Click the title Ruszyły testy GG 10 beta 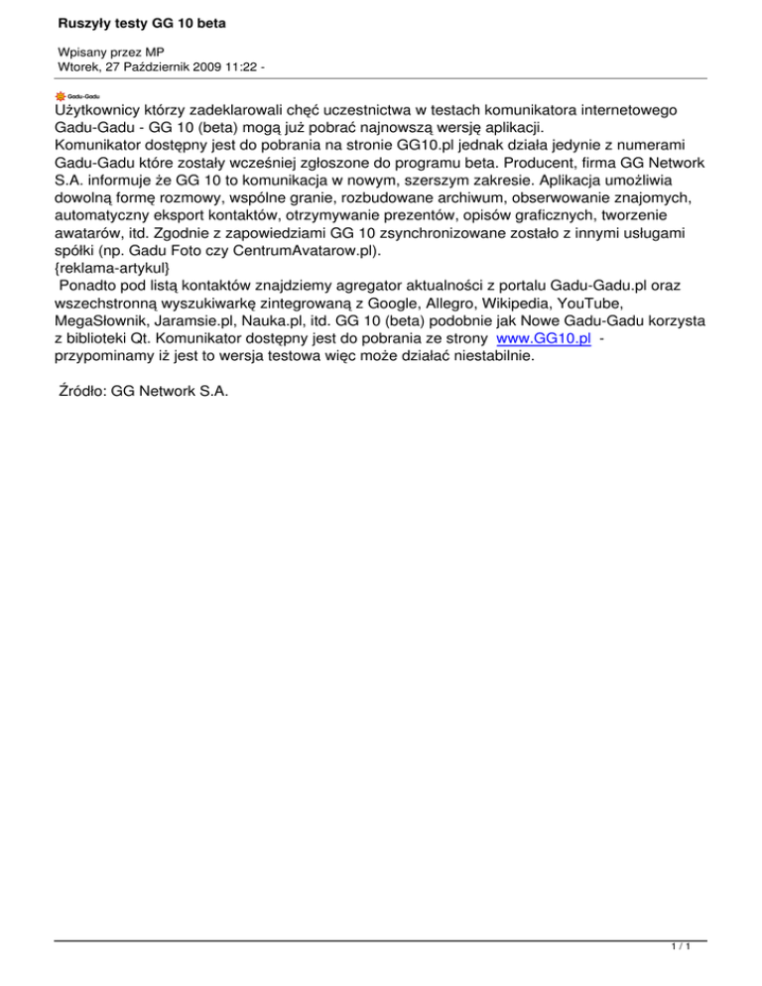pos(141,21)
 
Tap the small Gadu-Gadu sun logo pos(61,95)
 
